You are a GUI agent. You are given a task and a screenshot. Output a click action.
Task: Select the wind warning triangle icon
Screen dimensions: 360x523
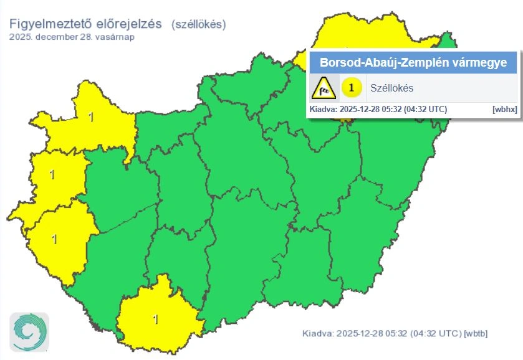pyautogui.click(x=324, y=88)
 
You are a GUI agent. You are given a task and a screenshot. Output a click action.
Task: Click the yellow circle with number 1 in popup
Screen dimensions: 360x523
pyautogui.click(x=352, y=88)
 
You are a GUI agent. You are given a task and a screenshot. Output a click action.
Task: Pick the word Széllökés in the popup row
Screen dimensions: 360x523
pyautogui.click(x=391, y=88)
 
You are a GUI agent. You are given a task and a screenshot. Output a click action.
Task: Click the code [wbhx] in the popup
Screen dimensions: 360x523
pyautogui.click(x=504, y=109)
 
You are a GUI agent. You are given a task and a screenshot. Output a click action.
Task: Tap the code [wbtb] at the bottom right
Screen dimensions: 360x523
pyautogui.click(x=476, y=333)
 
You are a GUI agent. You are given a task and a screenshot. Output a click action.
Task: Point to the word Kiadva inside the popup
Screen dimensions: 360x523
pyautogui.click(x=323, y=109)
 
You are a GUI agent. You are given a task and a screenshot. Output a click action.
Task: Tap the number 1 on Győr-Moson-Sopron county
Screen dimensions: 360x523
pyautogui.click(x=92, y=116)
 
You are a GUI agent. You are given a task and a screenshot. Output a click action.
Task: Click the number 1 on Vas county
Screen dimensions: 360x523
pyautogui.click(x=52, y=175)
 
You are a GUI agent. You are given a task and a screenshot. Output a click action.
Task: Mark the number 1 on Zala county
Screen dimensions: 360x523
pyautogui.click(x=55, y=239)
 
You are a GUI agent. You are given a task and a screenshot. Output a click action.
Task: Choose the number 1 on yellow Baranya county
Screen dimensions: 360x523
pyautogui.click(x=156, y=320)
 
